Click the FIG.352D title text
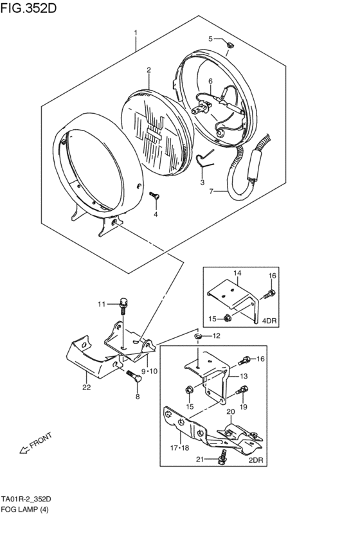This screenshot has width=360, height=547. click(x=28, y=8)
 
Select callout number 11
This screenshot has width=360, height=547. click(x=101, y=304)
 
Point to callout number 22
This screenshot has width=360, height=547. click(x=86, y=387)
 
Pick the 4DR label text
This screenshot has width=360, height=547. click(x=269, y=320)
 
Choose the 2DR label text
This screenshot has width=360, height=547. click(x=256, y=460)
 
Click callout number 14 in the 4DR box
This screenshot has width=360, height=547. click(x=237, y=273)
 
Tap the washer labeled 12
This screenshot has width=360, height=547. click(x=198, y=336)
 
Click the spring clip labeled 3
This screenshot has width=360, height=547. click(x=205, y=158)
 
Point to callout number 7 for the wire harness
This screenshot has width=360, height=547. click(x=211, y=191)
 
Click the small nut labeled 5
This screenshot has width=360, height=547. click(x=230, y=44)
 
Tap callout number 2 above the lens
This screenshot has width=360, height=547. click(x=148, y=70)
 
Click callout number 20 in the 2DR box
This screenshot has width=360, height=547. click(x=231, y=411)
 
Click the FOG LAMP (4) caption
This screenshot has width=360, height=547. click(x=24, y=509)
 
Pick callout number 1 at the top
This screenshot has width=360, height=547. click(x=136, y=33)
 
